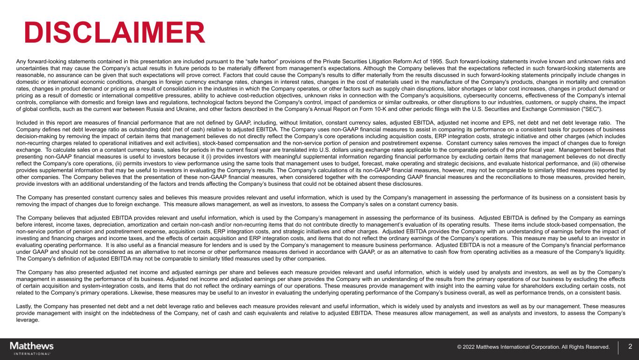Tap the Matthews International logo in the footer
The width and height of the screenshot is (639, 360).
pyautogui.click(x=32, y=348)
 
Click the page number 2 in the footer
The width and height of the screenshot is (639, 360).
pyautogui.click(x=630, y=347)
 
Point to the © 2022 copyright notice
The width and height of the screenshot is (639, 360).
pyautogui.click(x=533, y=347)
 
